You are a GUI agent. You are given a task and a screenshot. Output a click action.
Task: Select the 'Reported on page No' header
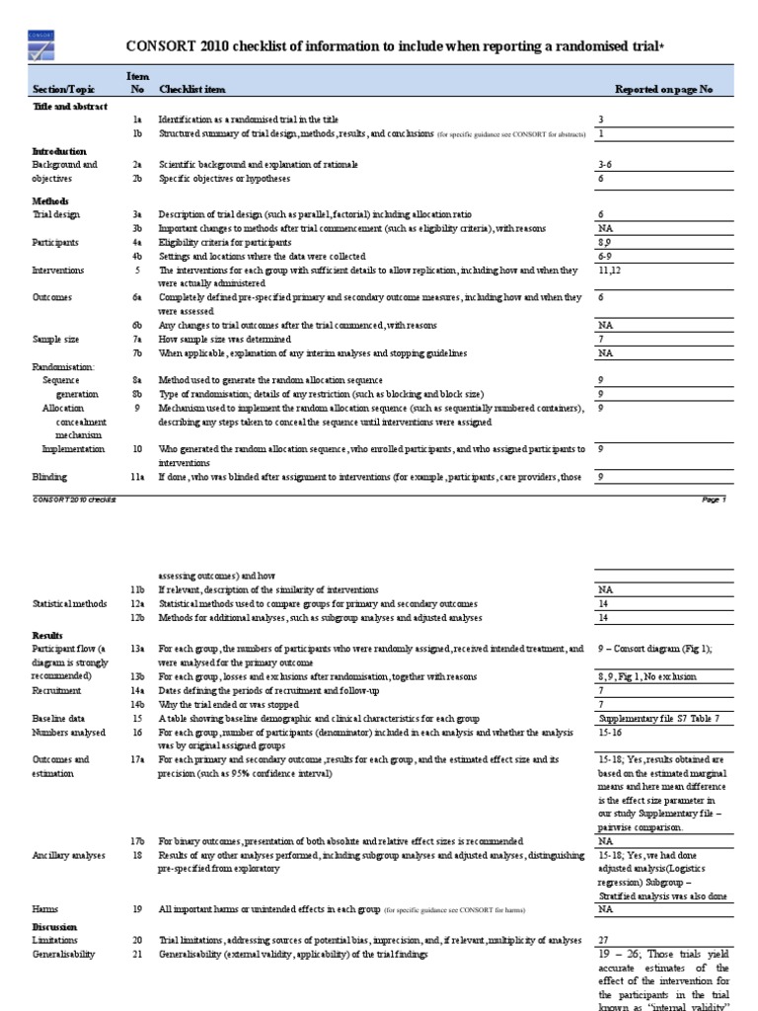point(662,90)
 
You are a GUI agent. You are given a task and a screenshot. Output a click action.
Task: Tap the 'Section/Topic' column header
point(65,90)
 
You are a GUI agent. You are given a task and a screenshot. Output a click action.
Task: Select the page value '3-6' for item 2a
point(606,164)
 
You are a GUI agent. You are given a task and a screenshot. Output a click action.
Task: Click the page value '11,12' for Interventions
point(609,268)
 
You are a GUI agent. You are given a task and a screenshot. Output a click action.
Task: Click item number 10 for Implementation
point(138,449)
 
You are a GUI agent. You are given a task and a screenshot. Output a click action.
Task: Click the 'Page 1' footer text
point(713,501)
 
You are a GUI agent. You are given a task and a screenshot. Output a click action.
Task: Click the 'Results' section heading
point(48,635)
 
